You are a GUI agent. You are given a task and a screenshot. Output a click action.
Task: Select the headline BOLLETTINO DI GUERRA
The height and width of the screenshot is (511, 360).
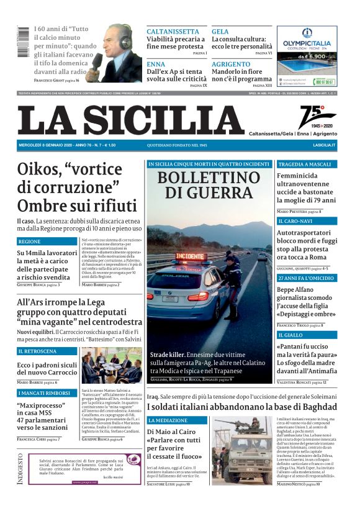[x=209, y=184]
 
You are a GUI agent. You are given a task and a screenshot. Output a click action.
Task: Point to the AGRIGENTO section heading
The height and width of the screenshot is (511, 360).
[x=231, y=64]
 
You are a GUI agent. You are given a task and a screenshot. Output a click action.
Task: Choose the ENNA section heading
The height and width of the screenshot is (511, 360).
[x=156, y=64]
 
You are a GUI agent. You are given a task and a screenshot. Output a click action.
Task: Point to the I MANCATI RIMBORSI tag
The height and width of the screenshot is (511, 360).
[x=43, y=393]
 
